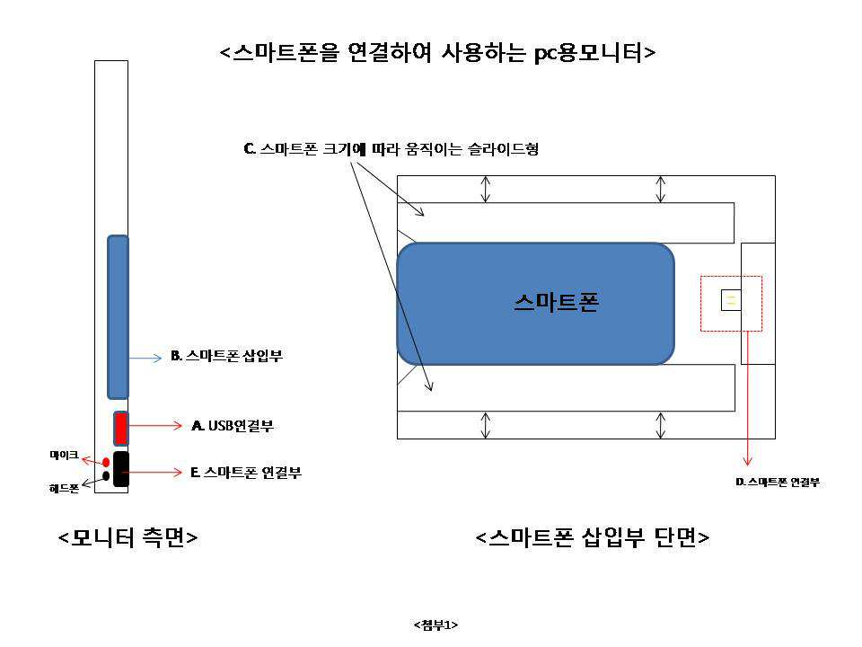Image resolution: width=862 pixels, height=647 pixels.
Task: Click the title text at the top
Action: pos(437,52)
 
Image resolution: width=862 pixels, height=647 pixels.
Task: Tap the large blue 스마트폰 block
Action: pos(535,304)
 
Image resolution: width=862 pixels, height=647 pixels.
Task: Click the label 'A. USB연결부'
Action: pos(233,426)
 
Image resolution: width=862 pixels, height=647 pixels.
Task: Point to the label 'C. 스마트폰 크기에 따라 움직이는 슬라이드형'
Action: pos(391,149)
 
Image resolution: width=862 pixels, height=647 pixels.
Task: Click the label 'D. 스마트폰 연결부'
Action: pos(778,483)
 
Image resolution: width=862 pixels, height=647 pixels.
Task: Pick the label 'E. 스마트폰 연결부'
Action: pos(245,472)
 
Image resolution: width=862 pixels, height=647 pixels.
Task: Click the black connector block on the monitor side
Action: pos(121,469)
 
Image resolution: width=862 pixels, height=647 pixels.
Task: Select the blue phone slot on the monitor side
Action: pos(118,316)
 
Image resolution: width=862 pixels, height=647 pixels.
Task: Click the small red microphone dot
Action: pos(106,461)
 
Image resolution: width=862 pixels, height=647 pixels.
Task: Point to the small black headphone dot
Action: pos(106,476)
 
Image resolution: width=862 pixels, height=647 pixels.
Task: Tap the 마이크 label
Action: pos(64,456)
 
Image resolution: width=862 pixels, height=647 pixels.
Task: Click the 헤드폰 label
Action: pos(64,489)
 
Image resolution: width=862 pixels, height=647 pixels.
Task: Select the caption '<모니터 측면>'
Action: pos(128,537)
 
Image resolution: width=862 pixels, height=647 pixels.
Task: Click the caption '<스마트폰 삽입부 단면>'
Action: pos(593,537)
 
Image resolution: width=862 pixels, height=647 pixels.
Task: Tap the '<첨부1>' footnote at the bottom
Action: pos(436,624)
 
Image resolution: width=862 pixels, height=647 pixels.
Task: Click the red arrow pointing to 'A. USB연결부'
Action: pos(157,427)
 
